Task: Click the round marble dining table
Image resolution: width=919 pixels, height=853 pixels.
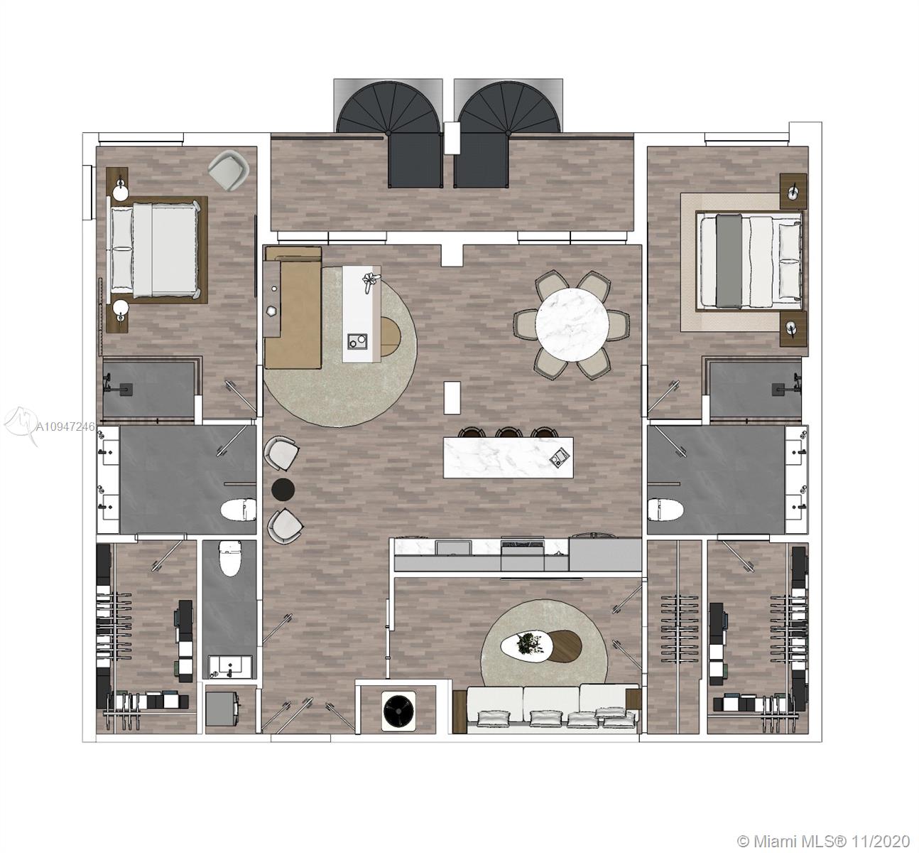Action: point(572,323)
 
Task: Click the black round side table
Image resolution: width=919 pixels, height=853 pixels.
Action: point(283,490)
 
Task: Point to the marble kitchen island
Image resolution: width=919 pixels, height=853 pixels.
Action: point(508,458)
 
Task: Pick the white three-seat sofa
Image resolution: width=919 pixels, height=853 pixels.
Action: point(553,709)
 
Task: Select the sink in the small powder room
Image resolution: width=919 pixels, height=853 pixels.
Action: point(230,667)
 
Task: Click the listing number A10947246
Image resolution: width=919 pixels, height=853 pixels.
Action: point(65,426)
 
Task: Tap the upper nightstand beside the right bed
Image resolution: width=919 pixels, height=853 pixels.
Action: point(793,191)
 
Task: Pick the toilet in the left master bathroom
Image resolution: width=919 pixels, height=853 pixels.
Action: point(239,510)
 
